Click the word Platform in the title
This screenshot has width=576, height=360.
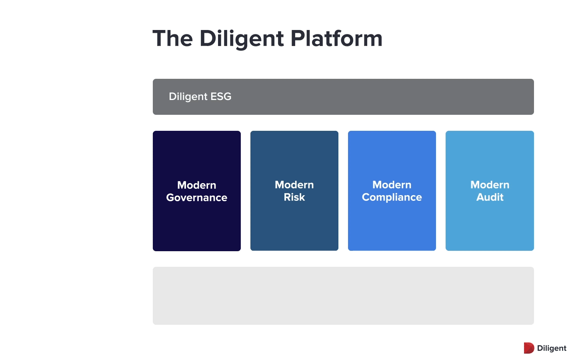tap(336, 38)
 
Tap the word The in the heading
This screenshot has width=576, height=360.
tap(172, 38)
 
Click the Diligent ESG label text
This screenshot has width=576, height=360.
tap(200, 97)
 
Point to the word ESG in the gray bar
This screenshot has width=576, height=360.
tap(221, 96)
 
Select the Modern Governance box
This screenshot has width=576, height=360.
tap(197, 191)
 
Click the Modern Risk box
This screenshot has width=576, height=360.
tap(294, 191)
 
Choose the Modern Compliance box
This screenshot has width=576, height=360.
tap(392, 191)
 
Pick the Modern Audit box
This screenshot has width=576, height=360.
tap(490, 191)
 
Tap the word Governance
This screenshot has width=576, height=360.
tap(197, 198)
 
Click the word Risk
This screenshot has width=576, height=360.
tap(294, 197)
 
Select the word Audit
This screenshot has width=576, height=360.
tap(490, 197)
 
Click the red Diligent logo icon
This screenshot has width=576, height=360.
tap(529, 348)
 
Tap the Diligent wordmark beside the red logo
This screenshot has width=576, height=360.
tap(552, 348)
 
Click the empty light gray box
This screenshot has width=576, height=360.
tap(343, 296)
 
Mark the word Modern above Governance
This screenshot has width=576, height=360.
tap(197, 185)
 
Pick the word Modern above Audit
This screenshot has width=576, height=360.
tap(490, 185)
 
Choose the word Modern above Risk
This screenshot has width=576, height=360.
tap(294, 185)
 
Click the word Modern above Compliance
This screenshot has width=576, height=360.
tap(392, 185)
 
